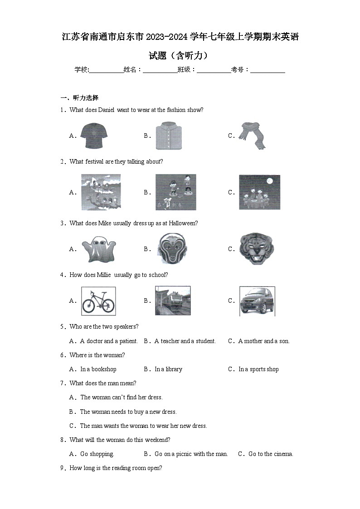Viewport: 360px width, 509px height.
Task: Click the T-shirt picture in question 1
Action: [x=95, y=136]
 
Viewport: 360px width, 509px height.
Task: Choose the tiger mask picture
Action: [x=257, y=249]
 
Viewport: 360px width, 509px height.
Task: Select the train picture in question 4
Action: [x=172, y=301]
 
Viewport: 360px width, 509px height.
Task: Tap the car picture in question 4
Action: [x=257, y=301]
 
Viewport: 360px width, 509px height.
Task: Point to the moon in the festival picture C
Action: [x=270, y=181]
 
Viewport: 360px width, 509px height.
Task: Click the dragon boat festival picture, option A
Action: [x=101, y=192]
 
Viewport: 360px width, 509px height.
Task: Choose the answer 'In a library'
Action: [x=168, y=369]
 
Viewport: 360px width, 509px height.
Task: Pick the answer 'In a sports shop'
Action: [x=258, y=369]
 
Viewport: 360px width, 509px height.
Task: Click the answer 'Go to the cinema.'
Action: [x=271, y=454]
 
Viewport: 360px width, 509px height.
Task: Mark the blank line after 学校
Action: [x=106, y=70]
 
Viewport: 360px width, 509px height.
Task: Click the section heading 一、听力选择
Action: [x=79, y=97]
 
